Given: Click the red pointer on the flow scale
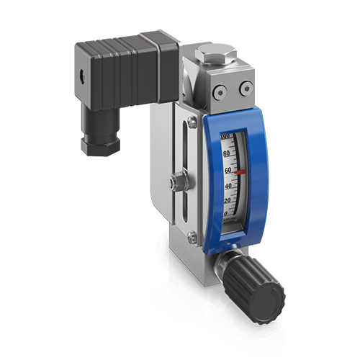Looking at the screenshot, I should tap(240, 172).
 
